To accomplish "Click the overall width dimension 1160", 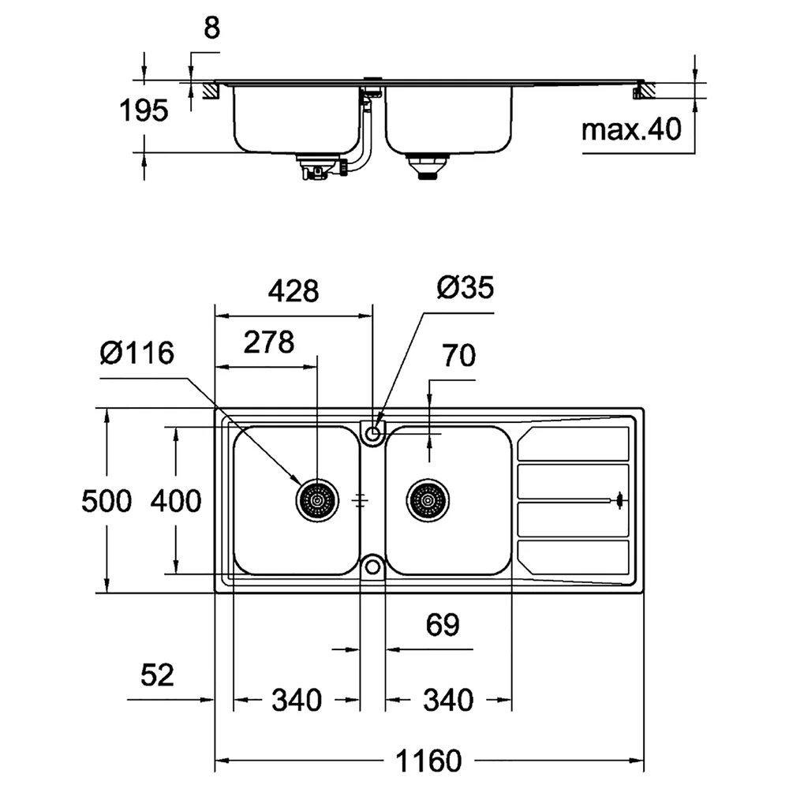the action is coord(428,761).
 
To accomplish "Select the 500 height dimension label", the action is coord(107,501).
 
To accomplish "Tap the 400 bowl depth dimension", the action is coord(176,501).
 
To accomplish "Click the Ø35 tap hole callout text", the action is coord(466,287).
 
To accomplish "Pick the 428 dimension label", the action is coord(294,291).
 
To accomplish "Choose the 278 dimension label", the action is coord(269,342).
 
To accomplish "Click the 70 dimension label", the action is coord(458,355).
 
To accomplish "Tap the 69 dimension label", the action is coord(443,624).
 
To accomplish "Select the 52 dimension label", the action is coord(157,675).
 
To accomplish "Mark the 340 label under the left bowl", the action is coord(297,700).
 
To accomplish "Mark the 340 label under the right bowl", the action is coord(448,700).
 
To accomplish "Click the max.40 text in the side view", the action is coord(631,129).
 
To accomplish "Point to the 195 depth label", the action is coord(144,110).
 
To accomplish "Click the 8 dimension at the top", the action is coord(211,28).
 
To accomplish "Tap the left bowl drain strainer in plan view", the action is coord(317,500).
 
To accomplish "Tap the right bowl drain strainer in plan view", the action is coord(428,500).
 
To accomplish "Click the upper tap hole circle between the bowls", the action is coord(372,432).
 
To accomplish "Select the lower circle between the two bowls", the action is coord(372,567).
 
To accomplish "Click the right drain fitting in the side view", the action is coord(427,166).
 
